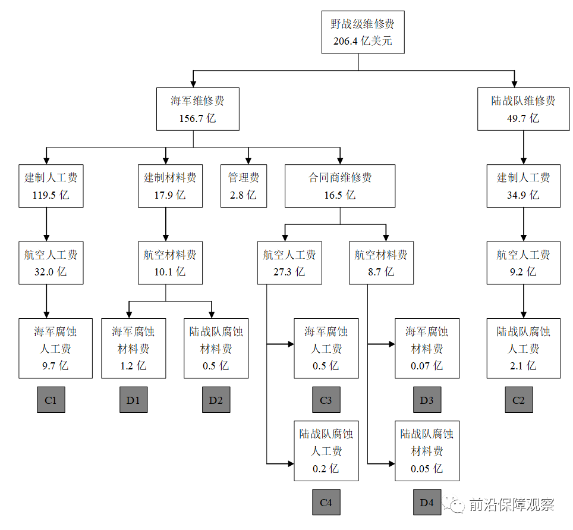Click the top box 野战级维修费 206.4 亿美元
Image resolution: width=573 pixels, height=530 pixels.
click(363, 33)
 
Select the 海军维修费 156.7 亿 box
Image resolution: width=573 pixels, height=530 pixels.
click(197, 109)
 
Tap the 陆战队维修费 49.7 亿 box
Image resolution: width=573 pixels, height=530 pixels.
click(523, 109)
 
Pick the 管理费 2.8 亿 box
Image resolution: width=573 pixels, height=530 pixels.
click(244, 186)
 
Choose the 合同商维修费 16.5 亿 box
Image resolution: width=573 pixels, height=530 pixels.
click(340, 186)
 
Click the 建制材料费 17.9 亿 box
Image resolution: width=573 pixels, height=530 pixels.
click(170, 186)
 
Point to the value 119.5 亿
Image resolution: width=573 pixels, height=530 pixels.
click(51, 195)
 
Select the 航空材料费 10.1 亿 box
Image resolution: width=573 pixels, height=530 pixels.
click(170, 262)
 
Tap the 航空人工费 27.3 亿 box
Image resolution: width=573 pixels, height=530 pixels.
click(289, 262)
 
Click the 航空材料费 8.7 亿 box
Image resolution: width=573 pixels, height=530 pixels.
click(381, 262)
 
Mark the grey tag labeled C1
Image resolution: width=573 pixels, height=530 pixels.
click(51, 400)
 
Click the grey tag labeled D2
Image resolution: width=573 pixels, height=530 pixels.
click(216, 400)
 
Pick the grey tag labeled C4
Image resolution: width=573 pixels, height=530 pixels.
click(326, 503)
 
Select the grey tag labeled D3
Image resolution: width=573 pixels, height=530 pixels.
click(427, 400)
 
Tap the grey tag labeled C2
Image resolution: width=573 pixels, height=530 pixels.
click(519, 400)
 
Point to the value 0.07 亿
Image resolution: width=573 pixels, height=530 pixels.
click(427, 365)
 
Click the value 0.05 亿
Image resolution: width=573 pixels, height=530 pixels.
click(427, 468)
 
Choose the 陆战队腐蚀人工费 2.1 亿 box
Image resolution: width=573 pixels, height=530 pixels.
click(523, 348)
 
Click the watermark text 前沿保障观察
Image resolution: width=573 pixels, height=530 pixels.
click(511, 505)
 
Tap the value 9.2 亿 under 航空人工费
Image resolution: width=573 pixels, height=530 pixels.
click(523, 272)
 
